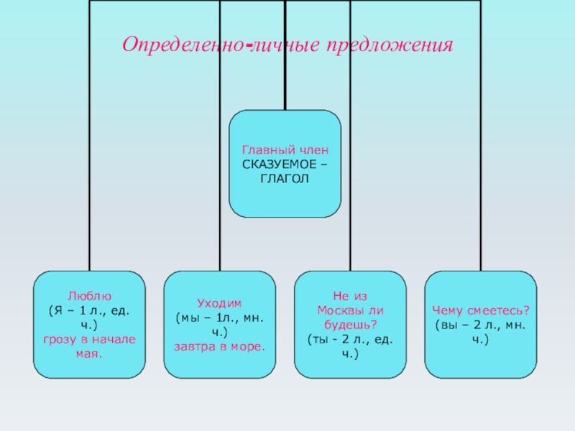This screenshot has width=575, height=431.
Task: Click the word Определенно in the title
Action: click(x=183, y=45)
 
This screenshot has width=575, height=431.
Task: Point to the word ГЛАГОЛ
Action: click(x=285, y=177)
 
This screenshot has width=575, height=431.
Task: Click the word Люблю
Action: click(x=90, y=295)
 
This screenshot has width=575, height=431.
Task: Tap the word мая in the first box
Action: click(x=88, y=354)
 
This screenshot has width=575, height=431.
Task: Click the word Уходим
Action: click(x=219, y=302)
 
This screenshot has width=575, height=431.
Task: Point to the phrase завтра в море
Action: click(x=220, y=346)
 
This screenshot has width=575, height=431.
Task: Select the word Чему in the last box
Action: click(x=447, y=310)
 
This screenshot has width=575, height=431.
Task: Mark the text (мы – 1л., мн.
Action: click(x=220, y=317)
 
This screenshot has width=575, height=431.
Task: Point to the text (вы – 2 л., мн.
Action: click(x=480, y=324)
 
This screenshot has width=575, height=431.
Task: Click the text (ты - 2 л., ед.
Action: click(x=350, y=338)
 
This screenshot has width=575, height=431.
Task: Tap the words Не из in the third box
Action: click(x=350, y=295)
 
